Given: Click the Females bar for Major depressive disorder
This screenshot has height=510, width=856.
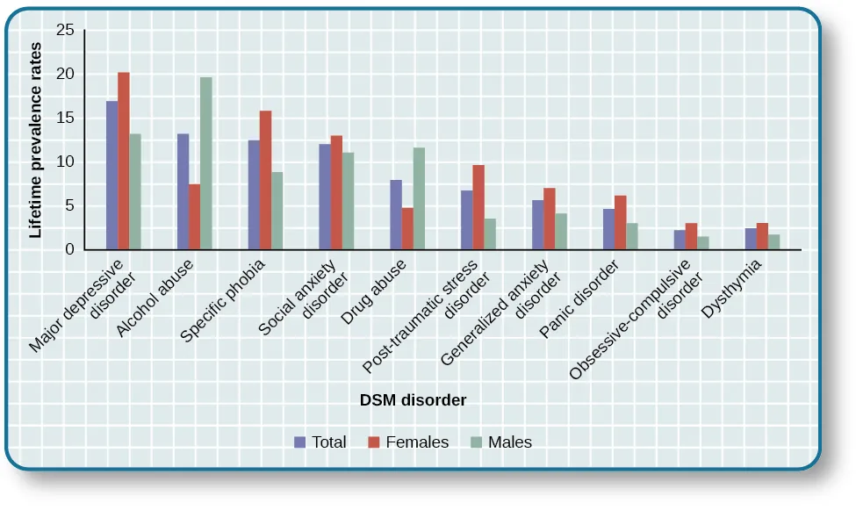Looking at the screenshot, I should click(x=124, y=162).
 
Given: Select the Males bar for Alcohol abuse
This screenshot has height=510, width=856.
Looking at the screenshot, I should click(x=206, y=164).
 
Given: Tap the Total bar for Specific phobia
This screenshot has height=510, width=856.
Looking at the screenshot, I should click(x=254, y=196).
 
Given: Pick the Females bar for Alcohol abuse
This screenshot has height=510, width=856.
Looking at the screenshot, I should click(x=194, y=217).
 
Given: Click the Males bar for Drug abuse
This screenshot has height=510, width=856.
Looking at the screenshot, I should click(x=419, y=199).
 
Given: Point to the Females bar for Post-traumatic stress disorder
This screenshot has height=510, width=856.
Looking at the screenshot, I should click(x=478, y=208).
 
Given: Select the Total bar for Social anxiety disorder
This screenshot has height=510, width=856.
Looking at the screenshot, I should click(x=325, y=198).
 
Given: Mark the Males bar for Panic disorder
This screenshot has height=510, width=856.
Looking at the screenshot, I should click(x=632, y=237).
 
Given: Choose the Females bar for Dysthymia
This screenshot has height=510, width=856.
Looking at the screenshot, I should click(x=762, y=237).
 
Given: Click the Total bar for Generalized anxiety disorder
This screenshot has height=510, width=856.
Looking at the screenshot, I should click(x=538, y=226).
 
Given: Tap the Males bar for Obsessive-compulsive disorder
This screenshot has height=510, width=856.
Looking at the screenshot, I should click(x=703, y=243).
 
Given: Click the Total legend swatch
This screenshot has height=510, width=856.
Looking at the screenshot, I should click(x=300, y=442).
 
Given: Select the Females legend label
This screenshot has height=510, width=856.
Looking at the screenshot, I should click(x=417, y=442).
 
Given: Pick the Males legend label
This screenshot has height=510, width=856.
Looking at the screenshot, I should click(x=510, y=442).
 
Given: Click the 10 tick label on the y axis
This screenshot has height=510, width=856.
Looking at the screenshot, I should click(x=64, y=162).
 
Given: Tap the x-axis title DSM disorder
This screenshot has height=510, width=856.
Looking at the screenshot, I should click(x=413, y=400).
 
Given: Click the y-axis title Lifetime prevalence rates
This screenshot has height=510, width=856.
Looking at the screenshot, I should click(x=36, y=140).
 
